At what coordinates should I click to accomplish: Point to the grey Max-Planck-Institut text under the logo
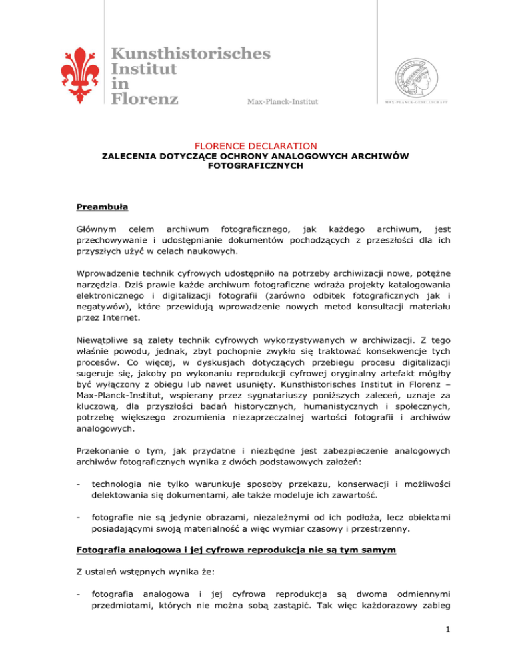pyautogui.click(x=283, y=101)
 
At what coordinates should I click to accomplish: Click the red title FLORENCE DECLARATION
pyautogui.click(x=256, y=145)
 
